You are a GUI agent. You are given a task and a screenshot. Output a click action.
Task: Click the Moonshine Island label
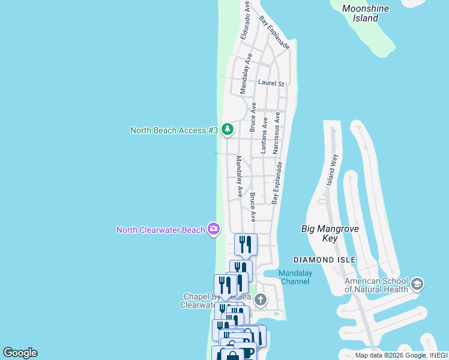(365, 13)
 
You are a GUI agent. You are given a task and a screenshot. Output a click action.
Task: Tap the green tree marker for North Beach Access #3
(227, 129)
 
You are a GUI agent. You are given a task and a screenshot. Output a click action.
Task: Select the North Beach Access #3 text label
(173, 130)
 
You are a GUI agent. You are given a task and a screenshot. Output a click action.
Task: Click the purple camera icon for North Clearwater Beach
(213, 229)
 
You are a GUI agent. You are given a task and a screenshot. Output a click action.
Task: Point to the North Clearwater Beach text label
(160, 230)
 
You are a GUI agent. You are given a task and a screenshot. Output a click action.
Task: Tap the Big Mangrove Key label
(328, 233)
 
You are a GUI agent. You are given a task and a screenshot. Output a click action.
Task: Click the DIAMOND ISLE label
(325, 260)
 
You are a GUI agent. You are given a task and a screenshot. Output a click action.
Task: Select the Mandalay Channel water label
(294, 277)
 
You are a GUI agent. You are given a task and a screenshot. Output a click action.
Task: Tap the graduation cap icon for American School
(418, 283)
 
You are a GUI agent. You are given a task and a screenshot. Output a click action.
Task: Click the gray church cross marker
(260, 299)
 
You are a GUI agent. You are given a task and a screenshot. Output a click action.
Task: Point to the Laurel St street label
(271, 83)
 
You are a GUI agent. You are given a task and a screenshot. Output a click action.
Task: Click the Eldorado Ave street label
(245, 20)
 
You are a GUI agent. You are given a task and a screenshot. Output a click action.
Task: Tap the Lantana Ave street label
(264, 139)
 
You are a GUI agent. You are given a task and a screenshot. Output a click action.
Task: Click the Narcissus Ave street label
(277, 133)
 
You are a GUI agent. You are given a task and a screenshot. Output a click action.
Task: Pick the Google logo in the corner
(20, 353)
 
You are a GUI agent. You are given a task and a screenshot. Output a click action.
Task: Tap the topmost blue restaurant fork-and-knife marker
(246, 244)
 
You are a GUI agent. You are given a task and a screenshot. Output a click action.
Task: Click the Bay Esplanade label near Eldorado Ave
(274, 33)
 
